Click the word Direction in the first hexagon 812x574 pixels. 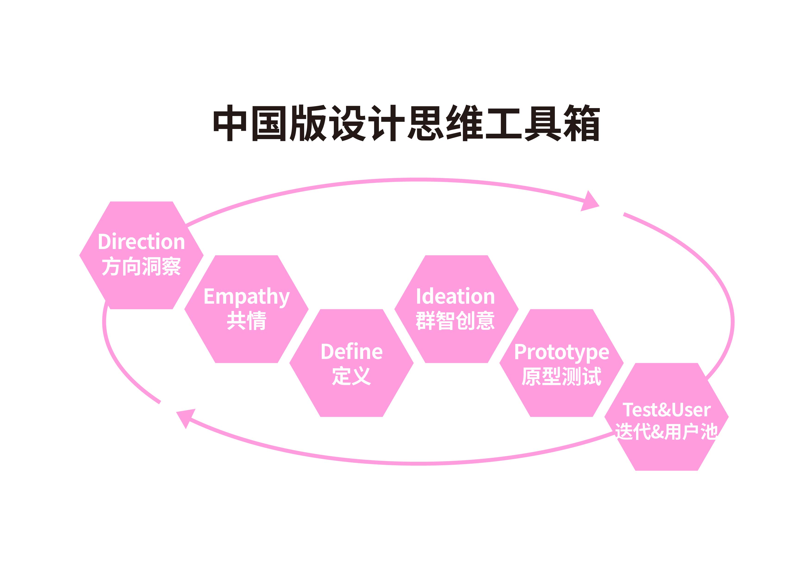coord(141,242)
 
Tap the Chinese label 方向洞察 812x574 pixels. coord(141,266)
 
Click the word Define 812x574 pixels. coord(352,352)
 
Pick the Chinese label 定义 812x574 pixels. coord(352,376)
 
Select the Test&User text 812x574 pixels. coord(666,410)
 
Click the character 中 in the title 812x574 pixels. coord(230,123)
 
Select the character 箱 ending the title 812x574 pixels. coord(581,123)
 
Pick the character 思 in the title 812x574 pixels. coord(426,123)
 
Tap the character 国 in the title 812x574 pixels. coord(269,123)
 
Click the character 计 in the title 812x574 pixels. coord(387,123)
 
